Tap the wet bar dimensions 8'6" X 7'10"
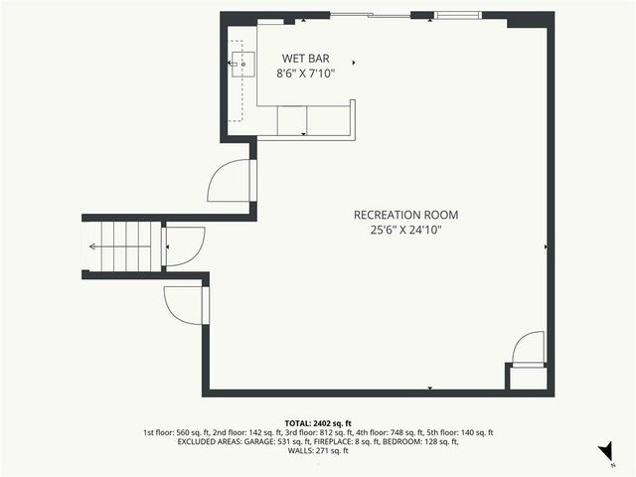(x=305, y=73)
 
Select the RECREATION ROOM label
(x=406, y=215)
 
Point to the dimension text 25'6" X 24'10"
(x=406, y=230)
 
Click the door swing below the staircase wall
(x=184, y=302)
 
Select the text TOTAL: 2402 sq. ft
(x=318, y=423)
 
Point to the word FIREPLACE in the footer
(x=341, y=442)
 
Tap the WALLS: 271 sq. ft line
(x=318, y=452)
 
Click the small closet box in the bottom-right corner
(x=526, y=378)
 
